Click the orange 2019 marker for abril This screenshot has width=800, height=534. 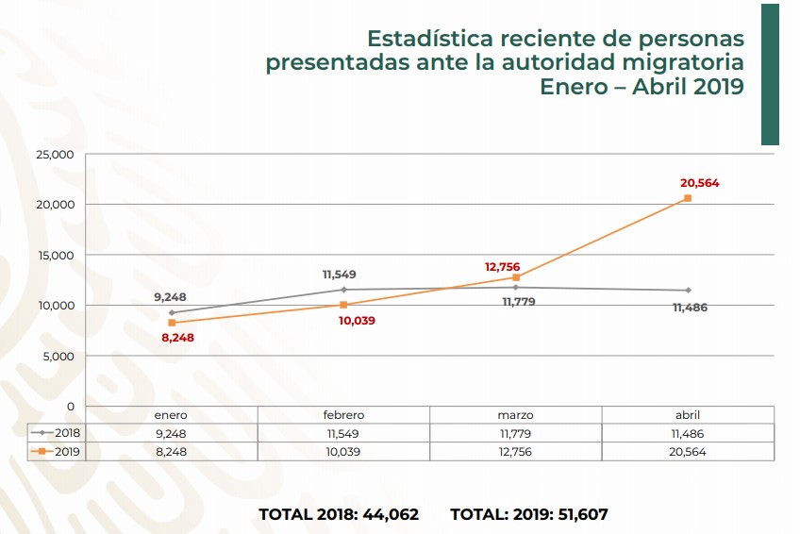(688, 198)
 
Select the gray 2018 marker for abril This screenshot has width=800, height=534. (688, 290)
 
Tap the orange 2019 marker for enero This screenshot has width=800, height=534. (171, 323)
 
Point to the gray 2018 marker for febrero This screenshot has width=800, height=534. (343, 290)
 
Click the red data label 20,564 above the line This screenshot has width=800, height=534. (699, 183)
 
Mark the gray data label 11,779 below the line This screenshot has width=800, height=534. (517, 302)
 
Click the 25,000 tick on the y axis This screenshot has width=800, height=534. (54, 154)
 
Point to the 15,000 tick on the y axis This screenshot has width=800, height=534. (54, 255)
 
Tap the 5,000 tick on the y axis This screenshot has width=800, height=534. (58, 356)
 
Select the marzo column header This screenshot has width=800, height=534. (515, 415)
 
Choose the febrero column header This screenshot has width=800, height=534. (343, 415)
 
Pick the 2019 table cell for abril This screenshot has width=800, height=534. (688, 452)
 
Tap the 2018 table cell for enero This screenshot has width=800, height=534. (171, 434)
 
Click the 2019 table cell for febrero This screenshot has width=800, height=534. (343, 452)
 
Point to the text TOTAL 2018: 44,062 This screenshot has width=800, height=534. (339, 515)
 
